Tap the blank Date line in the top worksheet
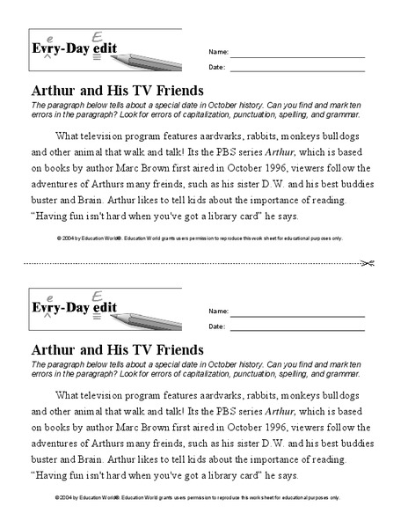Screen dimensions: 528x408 click(297, 67)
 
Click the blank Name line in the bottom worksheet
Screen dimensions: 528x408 click(297, 312)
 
